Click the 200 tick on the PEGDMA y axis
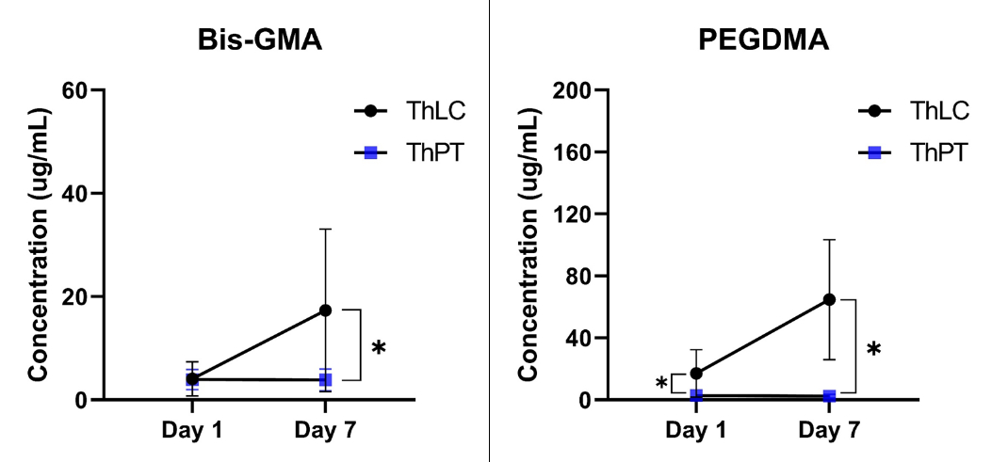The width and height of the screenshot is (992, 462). coord(574,90)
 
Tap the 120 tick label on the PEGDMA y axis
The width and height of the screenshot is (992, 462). coord(574,215)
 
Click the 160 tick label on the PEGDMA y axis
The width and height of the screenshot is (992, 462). coord(574,152)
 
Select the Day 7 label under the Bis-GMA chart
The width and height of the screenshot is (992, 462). coord(325,431)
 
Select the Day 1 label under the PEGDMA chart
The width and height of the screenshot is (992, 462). coord(696,431)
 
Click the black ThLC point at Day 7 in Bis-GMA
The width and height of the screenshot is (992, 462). coord(325,310)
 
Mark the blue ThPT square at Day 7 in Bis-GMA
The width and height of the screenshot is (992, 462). coord(325,380)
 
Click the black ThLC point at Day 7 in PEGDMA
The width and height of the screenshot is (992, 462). coord(829,299)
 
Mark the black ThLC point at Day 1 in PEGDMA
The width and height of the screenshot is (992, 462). coord(696,374)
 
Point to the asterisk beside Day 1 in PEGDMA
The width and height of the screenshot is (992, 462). coord(661,384)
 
